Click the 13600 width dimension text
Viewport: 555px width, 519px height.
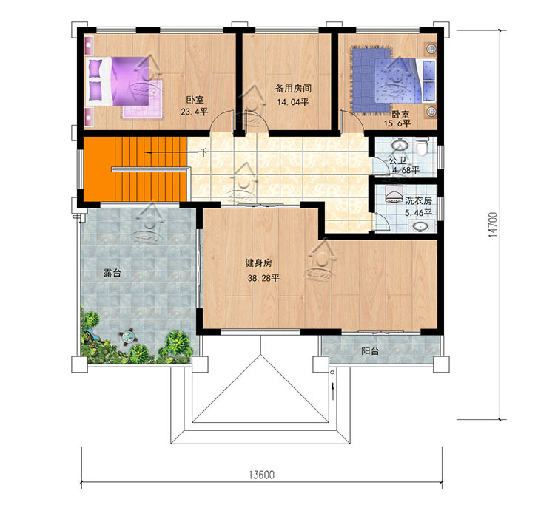pyautogui.click(x=261, y=475)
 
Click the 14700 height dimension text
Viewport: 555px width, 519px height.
pyautogui.click(x=493, y=225)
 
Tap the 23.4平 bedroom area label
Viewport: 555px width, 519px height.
pyautogui.click(x=195, y=112)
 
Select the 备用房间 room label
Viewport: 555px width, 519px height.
pyautogui.click(x=294, y=89)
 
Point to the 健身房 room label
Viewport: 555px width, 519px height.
pyautogui.click(x=259, y=262)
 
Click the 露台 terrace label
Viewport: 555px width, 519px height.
pyautogui.click(x=112, y=273)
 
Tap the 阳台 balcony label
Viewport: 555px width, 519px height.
pyautogui.click(x=370, y=351)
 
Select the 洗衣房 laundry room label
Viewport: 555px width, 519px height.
pyautogui.click(x=418, y=200)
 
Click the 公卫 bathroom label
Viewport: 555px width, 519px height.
pyautogui.click(x=397, y=160)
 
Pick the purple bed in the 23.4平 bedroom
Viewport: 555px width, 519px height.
pyautogui.click(x=118, y=81)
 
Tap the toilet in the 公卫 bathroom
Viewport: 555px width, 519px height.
pyautogui.click(x=422, y=146)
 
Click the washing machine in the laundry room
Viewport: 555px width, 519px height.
pyautogui.click(x=393, y=194)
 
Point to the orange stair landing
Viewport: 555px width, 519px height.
pyautogui.click(x=99, y=169)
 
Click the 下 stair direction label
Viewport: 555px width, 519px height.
pyautogui.click(x=203, y=152)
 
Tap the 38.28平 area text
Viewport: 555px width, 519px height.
pyautogui.click(x=263, y=278)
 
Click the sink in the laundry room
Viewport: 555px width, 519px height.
pyautogui.click(x=421, y=226)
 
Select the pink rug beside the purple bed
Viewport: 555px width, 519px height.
pyautogui.click(x=142, y=100)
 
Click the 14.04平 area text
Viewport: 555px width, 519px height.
pyautogui.click(x=293, y=102)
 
